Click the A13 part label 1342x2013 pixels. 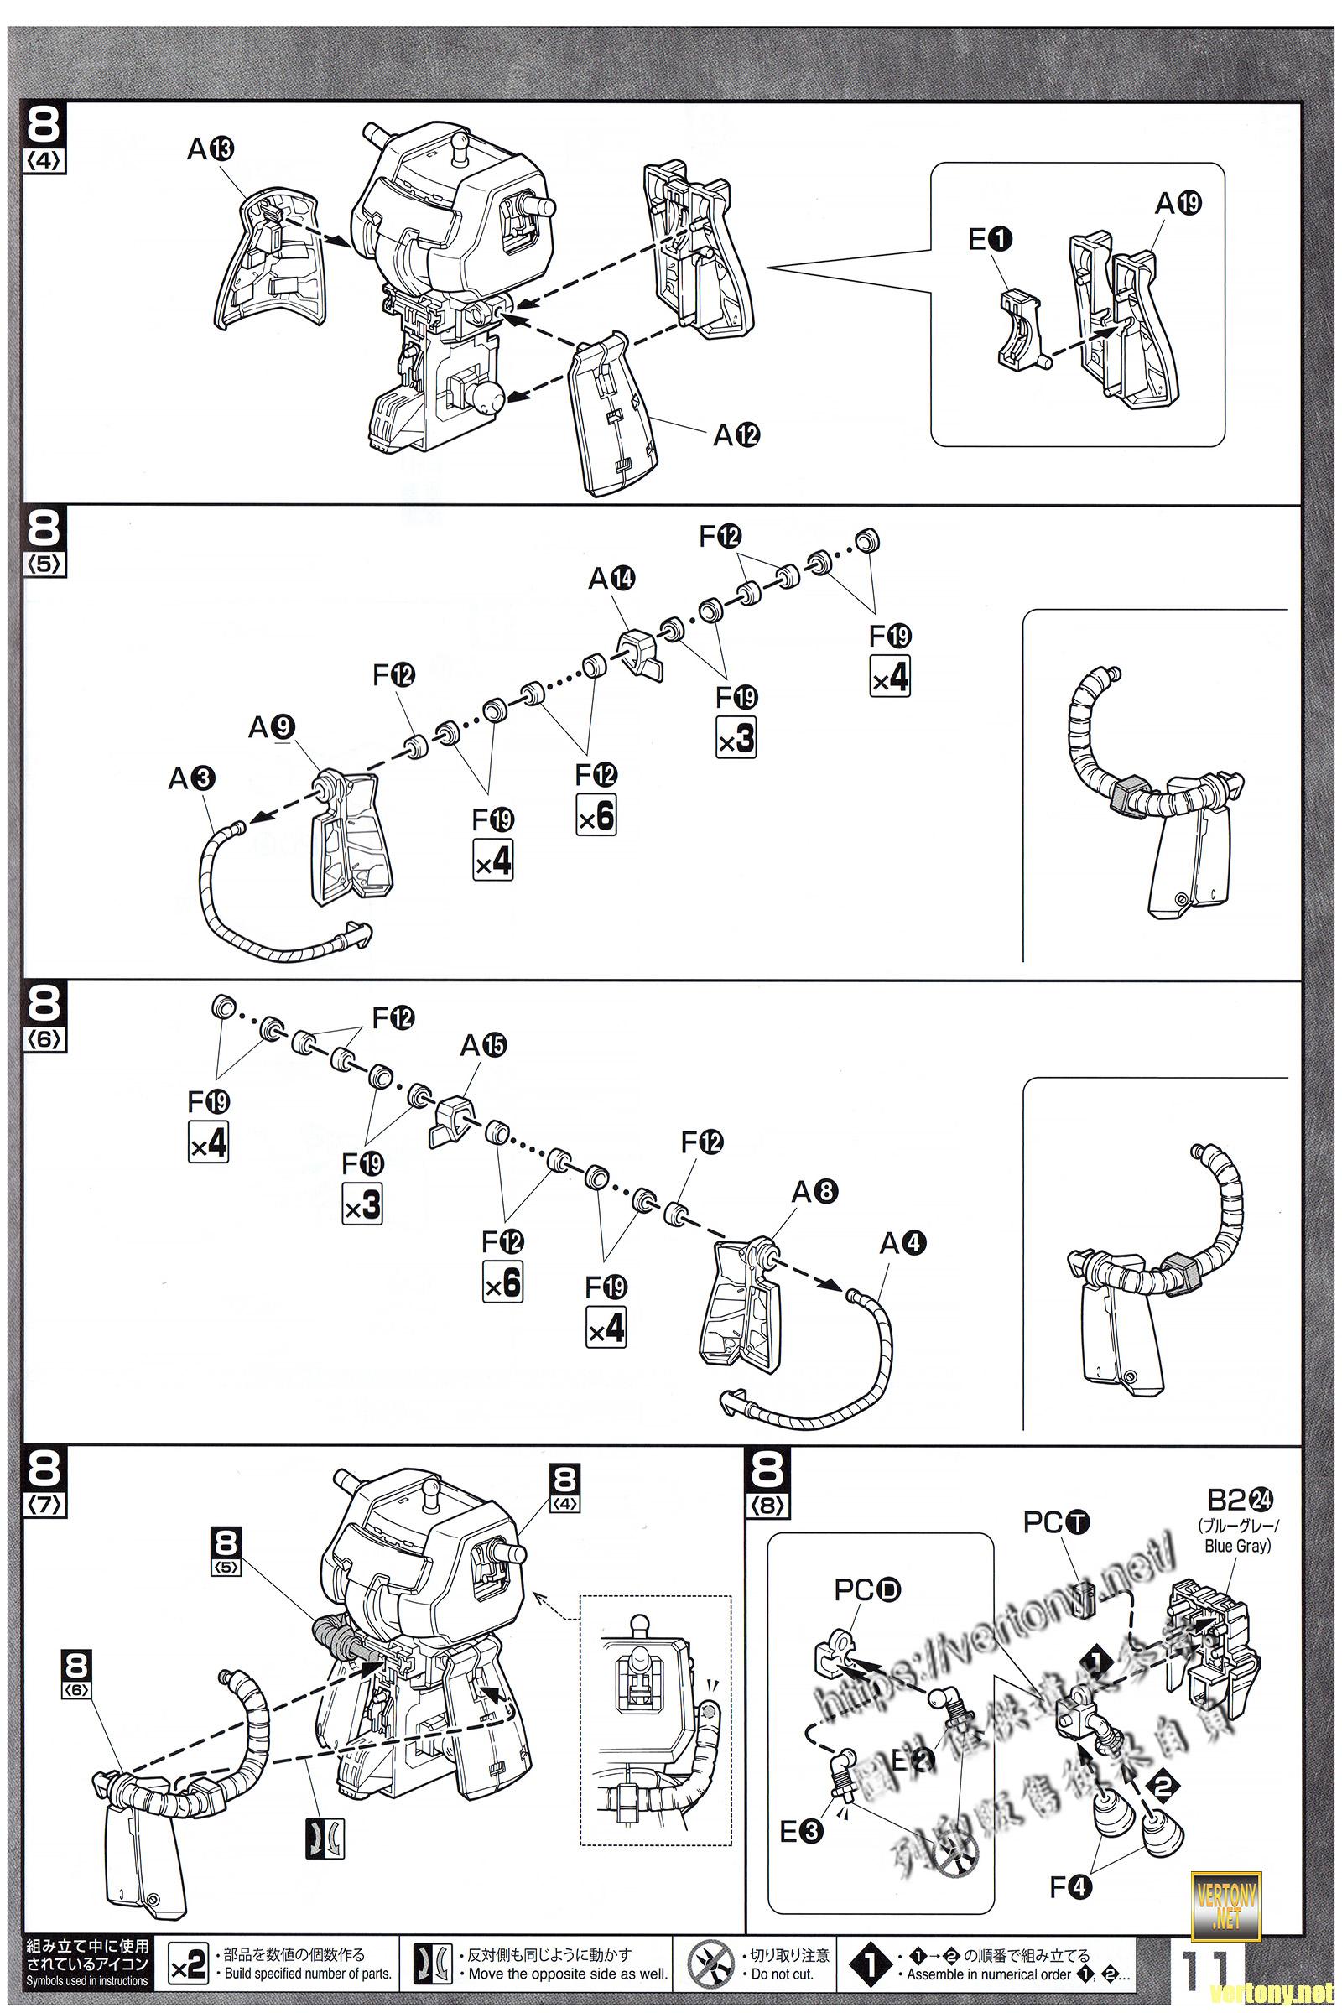point(211,150)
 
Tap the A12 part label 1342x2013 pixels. point(737,435)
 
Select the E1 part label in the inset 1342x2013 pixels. point(991,242)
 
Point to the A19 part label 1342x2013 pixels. point(1178,204)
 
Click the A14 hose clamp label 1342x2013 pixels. point(611,580)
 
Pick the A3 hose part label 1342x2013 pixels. point(191,778)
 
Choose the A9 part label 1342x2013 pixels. point(271,726)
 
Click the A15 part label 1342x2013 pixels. point(483,1045)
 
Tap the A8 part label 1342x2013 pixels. point(814,1190)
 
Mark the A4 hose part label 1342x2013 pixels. point(903,1243)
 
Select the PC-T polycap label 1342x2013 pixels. point(1057,1521)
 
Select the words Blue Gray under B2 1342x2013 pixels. point(1238,1546)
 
